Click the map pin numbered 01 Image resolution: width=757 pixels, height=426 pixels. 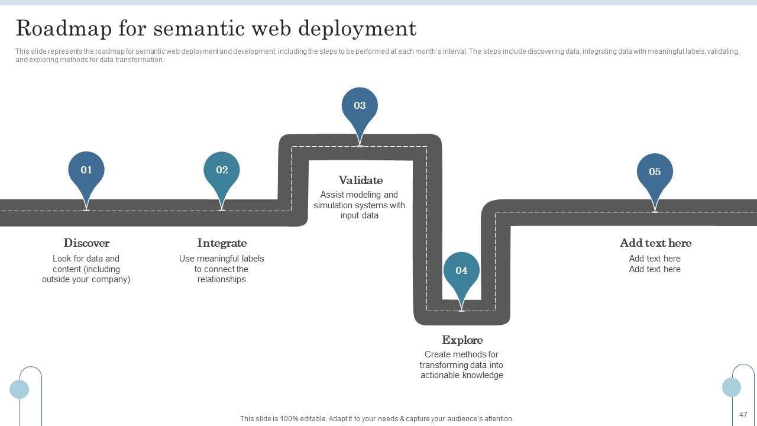[86, 174]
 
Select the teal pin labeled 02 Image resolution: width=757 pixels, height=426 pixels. [222, 174]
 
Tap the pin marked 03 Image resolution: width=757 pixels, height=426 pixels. [360, 110]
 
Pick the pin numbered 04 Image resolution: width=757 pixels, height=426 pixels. [461, 275]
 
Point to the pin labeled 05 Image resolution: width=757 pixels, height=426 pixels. [655, 176]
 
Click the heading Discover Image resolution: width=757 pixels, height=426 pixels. [86, 243]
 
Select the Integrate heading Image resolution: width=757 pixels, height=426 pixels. [222, 243]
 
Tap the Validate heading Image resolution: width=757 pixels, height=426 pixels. [361, 180]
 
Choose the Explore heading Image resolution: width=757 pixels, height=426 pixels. [462, 340]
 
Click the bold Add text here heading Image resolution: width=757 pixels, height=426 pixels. [656, 243]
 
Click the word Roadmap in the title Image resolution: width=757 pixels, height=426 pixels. [63, 28]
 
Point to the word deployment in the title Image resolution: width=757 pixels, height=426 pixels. [358, 29]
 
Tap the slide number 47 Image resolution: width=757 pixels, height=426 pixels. [743, 415]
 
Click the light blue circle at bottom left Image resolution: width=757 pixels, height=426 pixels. [20, 389]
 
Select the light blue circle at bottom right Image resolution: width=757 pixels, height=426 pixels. [732, 387]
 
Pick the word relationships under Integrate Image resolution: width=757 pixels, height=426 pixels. [222, 279]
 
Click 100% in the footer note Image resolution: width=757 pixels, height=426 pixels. [289, 418]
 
